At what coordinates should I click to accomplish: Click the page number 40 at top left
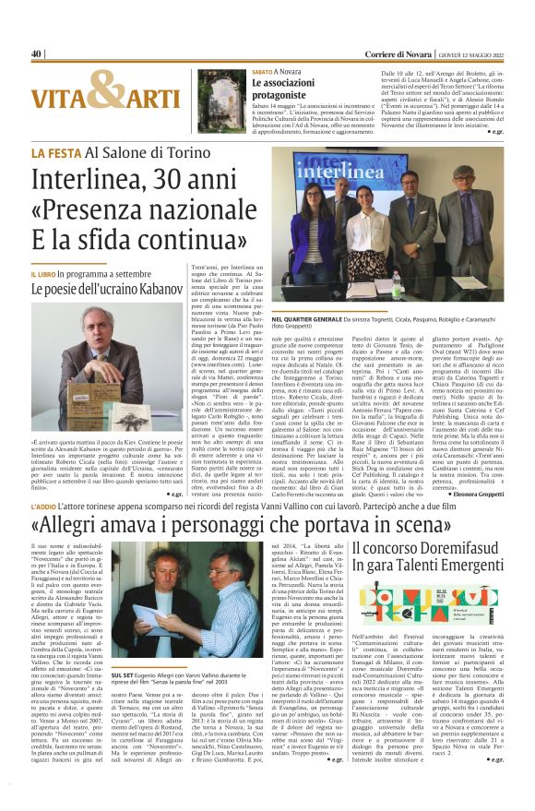37,54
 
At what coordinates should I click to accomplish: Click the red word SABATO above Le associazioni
263,71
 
